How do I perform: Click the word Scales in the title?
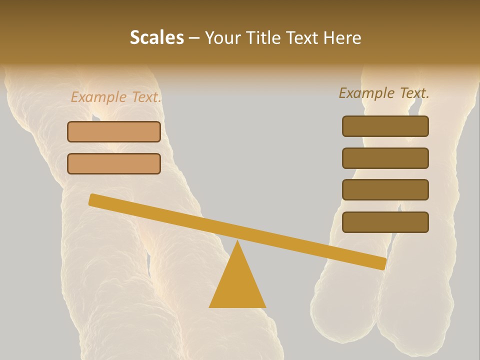[156, 38]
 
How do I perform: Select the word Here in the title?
[342, 38]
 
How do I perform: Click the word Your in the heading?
[223, 38]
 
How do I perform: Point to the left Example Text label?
[116, 97]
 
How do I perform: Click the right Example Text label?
[384, 93]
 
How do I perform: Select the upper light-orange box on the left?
[114, 132]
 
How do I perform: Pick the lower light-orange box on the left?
[114, 163]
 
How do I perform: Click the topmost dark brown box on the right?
[385, 126]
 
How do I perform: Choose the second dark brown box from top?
[385, 158]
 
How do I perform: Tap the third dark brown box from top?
[385, 189]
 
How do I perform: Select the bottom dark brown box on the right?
[385, 222]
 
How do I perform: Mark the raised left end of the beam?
[93, 199]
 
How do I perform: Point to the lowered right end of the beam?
[382, 263]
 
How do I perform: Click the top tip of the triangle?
[237, 241]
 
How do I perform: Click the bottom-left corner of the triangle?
[210, 306]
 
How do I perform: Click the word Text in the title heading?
[302, 38]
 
